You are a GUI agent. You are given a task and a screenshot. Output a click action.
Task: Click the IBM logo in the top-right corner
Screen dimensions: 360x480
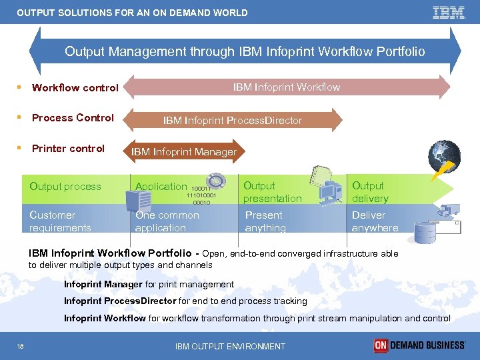[449, 12]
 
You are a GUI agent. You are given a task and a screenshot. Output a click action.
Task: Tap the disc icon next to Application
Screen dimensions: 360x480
[215, 181]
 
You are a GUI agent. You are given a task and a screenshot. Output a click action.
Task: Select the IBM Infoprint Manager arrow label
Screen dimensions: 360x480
[184, 152]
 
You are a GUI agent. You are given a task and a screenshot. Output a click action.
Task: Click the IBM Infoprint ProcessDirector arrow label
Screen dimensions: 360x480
[233, 121]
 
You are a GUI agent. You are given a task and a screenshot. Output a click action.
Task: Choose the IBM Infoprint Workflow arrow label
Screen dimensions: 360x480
[286, 87]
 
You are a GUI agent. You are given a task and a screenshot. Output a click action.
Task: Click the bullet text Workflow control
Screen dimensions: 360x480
[75, 87]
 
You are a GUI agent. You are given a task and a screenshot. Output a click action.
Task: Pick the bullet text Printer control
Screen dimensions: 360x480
[68, 148]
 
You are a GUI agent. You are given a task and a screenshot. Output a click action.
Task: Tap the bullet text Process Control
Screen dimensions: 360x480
[73, 118]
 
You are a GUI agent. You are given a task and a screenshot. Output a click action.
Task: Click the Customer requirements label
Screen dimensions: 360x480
[60, 221]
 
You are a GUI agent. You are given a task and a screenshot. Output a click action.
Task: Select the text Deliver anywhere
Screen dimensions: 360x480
[375, 221]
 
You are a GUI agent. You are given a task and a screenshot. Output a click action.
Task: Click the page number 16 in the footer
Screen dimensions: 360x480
[21, 346]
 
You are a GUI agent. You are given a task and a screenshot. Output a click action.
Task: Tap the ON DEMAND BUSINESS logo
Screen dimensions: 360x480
[419, 345]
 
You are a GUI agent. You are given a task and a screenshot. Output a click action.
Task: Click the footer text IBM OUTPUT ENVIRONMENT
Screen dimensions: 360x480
[230, 346]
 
